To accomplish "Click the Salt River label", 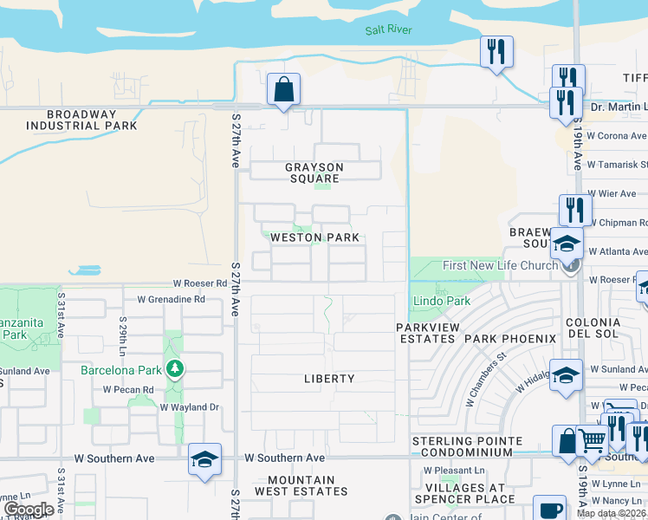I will tap(388, 30).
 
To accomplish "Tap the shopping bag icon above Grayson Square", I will tap(283, 89).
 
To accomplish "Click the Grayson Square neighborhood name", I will tap(314, 172).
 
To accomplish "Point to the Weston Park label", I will tap(314, 237).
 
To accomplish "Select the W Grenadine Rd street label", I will tap(171, 300).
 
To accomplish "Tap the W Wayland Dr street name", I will tap(186, 406).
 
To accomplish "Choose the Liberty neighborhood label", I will tap(329, 379).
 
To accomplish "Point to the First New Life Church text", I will tap(500, 265).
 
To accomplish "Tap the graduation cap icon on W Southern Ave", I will tap(204, 459).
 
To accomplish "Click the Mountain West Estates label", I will tap(301, 485).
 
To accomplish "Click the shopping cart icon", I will tap(592, 440).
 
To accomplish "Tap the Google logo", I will tap(29, 510).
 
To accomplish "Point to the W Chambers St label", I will tap(486, 379).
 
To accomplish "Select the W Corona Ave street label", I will tap(616, 136).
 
